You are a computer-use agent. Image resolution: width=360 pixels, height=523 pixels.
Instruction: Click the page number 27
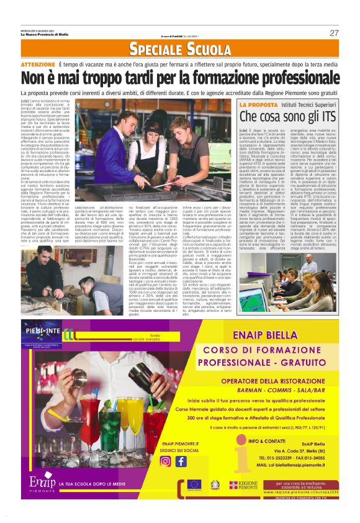(x=334, y=33)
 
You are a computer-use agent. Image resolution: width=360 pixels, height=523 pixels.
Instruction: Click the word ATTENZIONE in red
(x=38, y=65)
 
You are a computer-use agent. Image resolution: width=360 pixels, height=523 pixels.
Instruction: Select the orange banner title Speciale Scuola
(x=179, y=48)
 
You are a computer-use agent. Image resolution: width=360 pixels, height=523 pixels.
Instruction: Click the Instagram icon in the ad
(x=166, y=461)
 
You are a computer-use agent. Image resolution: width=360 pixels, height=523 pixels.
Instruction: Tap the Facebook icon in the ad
(x=181, y=461)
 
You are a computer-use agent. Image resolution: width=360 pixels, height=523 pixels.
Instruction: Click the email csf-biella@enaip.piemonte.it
(x=295, y=463)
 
